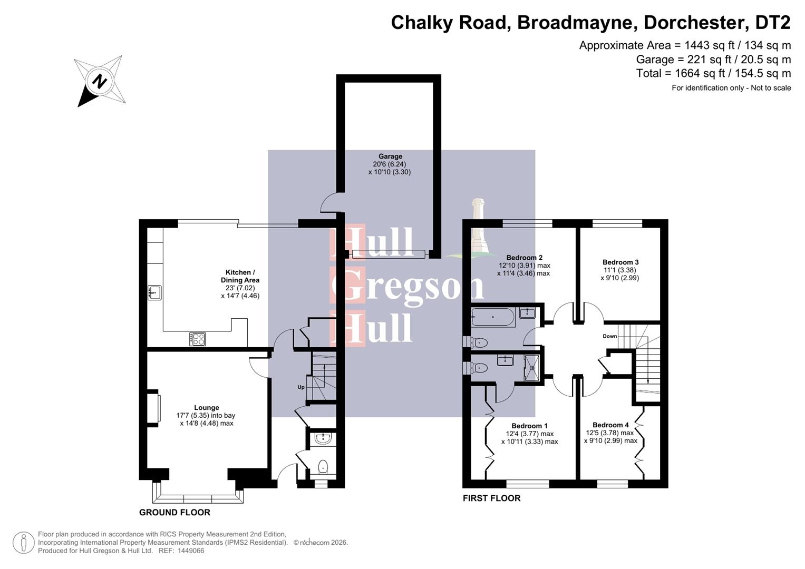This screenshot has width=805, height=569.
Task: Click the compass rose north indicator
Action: [99, 81]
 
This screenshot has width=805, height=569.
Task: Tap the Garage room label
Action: [390, 156]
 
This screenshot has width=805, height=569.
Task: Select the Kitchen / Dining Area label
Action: [240, 276]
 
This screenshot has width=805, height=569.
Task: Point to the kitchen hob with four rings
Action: [198, 339]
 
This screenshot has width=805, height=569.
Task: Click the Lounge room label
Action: [206, 407]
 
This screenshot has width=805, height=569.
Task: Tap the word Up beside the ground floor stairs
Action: [301, 387]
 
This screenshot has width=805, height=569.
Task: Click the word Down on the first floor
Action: [610, 336]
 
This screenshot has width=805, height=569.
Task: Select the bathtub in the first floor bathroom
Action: [493, 318]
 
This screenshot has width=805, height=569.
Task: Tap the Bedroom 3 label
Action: [620, 262]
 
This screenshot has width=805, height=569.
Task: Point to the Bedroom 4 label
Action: [610, 425]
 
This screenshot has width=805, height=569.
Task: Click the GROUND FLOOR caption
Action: [174, 512]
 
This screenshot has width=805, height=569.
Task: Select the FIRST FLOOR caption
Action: [491, 498]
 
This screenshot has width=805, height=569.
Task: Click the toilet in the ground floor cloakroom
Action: [323, 466]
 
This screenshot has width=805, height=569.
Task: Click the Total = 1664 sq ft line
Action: [713, 73]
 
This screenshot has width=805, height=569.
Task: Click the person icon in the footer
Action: [24, 542]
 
